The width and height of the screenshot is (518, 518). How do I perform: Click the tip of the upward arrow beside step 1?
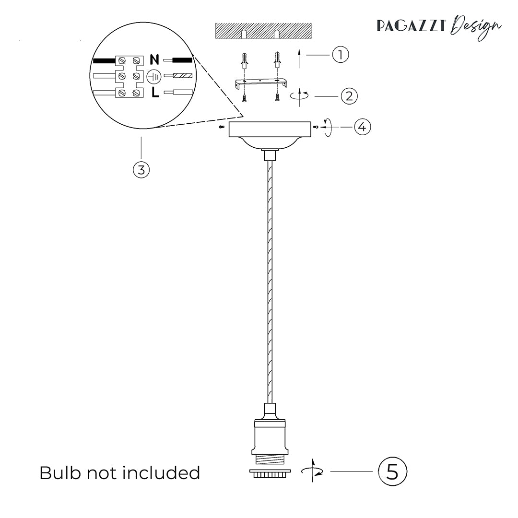coord(299,49)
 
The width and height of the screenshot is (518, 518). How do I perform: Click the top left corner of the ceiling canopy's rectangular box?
coord(229,122)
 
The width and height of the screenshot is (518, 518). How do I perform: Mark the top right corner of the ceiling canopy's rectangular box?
coord(311,122)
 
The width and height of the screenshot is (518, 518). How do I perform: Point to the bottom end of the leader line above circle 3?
coord(141,159)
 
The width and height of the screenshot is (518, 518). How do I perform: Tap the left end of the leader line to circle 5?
coord(330,471)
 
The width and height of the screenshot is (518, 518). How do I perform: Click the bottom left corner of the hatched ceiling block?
coord(216,38)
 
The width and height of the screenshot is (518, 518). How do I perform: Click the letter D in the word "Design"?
coord(459,25)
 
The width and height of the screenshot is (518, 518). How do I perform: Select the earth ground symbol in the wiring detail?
coord(154,76)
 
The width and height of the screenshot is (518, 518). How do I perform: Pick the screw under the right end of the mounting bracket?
coord(277,98)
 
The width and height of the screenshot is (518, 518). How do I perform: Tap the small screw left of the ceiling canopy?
coord(221,127)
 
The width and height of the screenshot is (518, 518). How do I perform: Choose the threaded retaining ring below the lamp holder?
coord(270,474)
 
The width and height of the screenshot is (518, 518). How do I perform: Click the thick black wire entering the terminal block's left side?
coord(105,61)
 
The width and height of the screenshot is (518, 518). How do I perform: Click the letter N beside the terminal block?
coord(154,59)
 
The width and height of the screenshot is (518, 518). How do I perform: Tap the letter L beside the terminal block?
coord(155,93)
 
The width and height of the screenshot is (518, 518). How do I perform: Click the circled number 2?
coord(349,96)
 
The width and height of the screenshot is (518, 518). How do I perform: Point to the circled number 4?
coord(363,127)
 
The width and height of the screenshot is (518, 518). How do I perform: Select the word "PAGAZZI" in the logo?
coord(412,26)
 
